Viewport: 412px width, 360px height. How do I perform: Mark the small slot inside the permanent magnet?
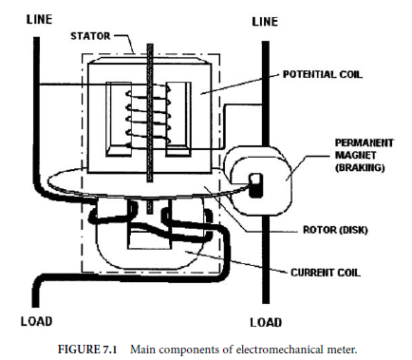(x=254, y=180)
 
